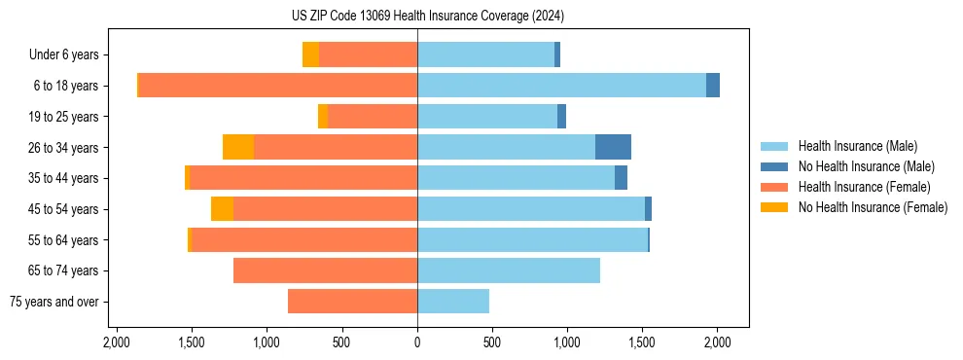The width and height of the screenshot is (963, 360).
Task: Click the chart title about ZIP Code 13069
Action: [428, 16]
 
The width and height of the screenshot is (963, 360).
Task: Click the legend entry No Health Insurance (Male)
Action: [866, 166]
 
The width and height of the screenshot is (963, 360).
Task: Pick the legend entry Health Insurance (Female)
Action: [864, 187]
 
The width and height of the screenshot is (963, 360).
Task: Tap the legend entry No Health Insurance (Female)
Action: [873, 207]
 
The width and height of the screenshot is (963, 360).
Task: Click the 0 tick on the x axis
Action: [417, 343]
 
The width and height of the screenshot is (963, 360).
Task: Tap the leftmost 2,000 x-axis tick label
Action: [117, 343]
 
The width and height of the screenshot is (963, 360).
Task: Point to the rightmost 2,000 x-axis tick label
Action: [717, 343]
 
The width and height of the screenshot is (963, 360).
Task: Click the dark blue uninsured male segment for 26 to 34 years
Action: [613, 147]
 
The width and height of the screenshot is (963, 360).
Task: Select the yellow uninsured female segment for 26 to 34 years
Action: [238, 147]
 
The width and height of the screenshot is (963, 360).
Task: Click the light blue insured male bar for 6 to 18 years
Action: [561, 86]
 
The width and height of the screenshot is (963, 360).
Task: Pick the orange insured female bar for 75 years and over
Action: [352, 302]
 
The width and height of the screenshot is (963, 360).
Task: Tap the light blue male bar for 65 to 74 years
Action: [509, 270]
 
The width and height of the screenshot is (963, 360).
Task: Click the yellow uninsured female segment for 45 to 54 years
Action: [222, 209]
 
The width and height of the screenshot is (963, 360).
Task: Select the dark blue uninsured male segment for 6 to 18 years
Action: [713, 86]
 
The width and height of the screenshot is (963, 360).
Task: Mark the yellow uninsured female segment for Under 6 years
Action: [310, 54]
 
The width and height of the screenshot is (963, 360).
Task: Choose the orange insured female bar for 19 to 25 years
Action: [373, 117]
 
